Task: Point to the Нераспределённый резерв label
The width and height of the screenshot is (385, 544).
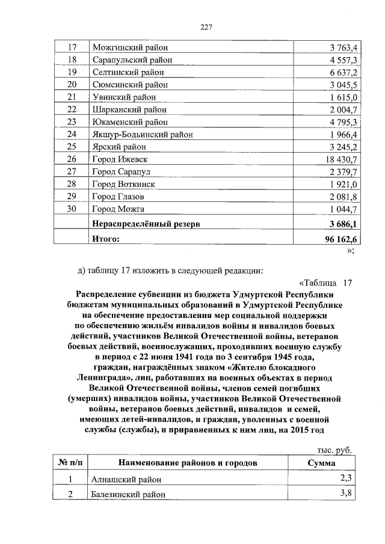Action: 146,224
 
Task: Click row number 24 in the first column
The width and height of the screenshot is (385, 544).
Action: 72,134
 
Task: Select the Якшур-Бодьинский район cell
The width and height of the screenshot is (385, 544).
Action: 142,135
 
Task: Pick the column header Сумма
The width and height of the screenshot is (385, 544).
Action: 321,463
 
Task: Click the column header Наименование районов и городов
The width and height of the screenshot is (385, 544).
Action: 188,463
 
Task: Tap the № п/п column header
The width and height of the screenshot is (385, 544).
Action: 70,463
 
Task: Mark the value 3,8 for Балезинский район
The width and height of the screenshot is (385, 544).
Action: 345,494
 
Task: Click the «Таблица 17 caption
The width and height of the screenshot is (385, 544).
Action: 325,283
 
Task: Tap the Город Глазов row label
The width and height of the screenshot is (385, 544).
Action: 119,197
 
